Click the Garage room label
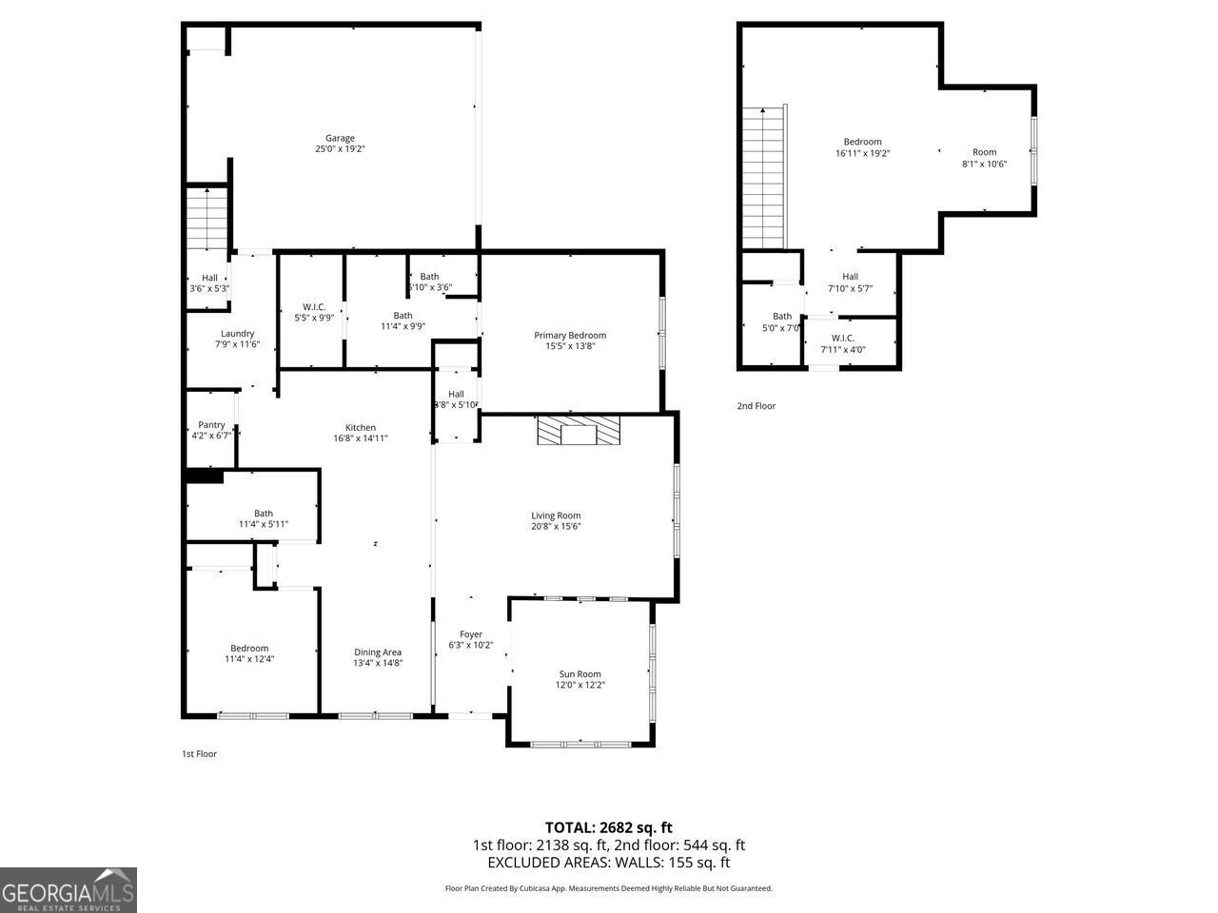coord(340,138)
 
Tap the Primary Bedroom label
coord(569,335)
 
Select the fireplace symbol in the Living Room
coord(578,431)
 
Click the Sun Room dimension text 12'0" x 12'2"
coord(580,685)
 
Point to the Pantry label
coord(211,424)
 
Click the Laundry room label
coord(237,333)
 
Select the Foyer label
coord(471,634)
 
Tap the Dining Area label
coord(378,652)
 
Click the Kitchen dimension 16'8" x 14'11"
coord(361,438)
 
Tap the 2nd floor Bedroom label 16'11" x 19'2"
coord(862,142)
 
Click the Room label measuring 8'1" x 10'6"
coord(984,152)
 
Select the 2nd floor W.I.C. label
coord(843,338)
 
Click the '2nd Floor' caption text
coord(756,406)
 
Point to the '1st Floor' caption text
coord(199,754)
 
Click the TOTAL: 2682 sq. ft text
coord(608,827)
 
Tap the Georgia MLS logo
coord(69,890)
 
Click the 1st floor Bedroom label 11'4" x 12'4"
coord(249,649)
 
